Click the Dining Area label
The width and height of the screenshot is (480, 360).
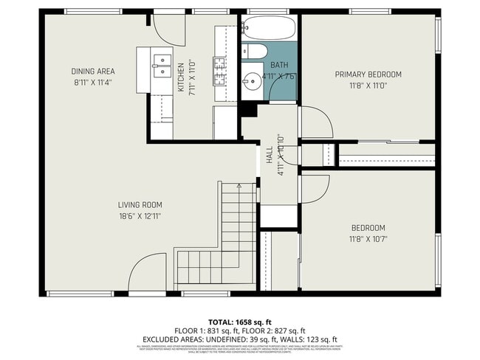(93, 72)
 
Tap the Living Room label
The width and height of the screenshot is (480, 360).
(140, 205)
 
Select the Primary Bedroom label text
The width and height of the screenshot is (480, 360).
(368, 75)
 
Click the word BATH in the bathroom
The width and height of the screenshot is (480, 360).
(278, 66)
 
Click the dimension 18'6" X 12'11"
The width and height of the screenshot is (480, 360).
(140, 216)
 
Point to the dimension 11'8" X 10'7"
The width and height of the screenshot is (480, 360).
(368, 239)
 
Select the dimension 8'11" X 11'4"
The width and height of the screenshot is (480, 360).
(93, 83)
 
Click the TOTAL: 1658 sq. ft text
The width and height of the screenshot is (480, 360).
(240, 322)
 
